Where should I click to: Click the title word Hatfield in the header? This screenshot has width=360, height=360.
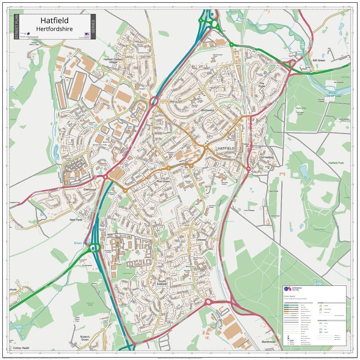55,20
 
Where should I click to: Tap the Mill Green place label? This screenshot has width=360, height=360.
319,60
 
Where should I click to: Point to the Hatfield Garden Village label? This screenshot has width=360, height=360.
113,61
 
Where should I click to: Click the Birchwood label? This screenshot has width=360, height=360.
207,110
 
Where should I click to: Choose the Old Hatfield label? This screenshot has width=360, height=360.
267,157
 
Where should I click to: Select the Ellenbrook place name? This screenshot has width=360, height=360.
90,189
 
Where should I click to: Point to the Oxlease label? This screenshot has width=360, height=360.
201,240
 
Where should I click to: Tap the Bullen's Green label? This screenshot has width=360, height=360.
84,338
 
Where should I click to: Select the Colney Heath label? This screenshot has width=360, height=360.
21,348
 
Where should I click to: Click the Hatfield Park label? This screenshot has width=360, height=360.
336,163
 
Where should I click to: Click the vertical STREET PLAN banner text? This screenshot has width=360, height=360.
16,27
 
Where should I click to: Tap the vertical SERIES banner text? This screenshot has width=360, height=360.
93,27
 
